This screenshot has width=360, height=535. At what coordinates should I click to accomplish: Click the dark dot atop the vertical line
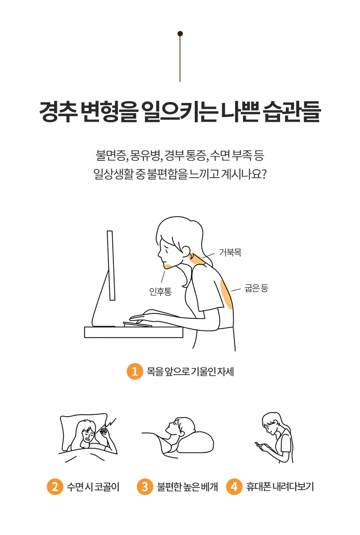point(180,34)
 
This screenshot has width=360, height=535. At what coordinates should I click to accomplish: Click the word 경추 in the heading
point(58,112)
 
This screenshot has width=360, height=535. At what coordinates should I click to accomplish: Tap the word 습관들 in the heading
point(292,112)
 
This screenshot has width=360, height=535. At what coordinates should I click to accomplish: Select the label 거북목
point(230,252)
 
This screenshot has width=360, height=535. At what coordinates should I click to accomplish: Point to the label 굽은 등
point(256,288)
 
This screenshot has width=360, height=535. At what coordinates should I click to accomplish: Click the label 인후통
point(161,291)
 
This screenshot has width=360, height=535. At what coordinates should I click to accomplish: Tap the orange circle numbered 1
point(135,371)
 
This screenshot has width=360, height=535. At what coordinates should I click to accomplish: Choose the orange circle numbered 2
point(55,486)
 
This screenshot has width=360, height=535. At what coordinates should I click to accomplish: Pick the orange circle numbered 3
point(145,486)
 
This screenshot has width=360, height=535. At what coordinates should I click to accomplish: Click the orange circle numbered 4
point(234,486)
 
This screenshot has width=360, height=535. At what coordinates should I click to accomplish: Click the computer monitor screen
point(111,266)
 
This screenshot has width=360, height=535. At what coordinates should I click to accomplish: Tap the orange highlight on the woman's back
point(226,294)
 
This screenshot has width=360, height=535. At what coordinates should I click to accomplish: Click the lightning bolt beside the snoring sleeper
point(110,423)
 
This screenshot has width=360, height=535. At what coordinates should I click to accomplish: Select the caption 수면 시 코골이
point(93,487)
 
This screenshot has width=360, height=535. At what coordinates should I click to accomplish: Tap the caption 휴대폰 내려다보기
point(280,487)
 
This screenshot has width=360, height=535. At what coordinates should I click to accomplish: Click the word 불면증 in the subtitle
point(111,155)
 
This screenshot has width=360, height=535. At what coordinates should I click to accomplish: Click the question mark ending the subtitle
point(264,174)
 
